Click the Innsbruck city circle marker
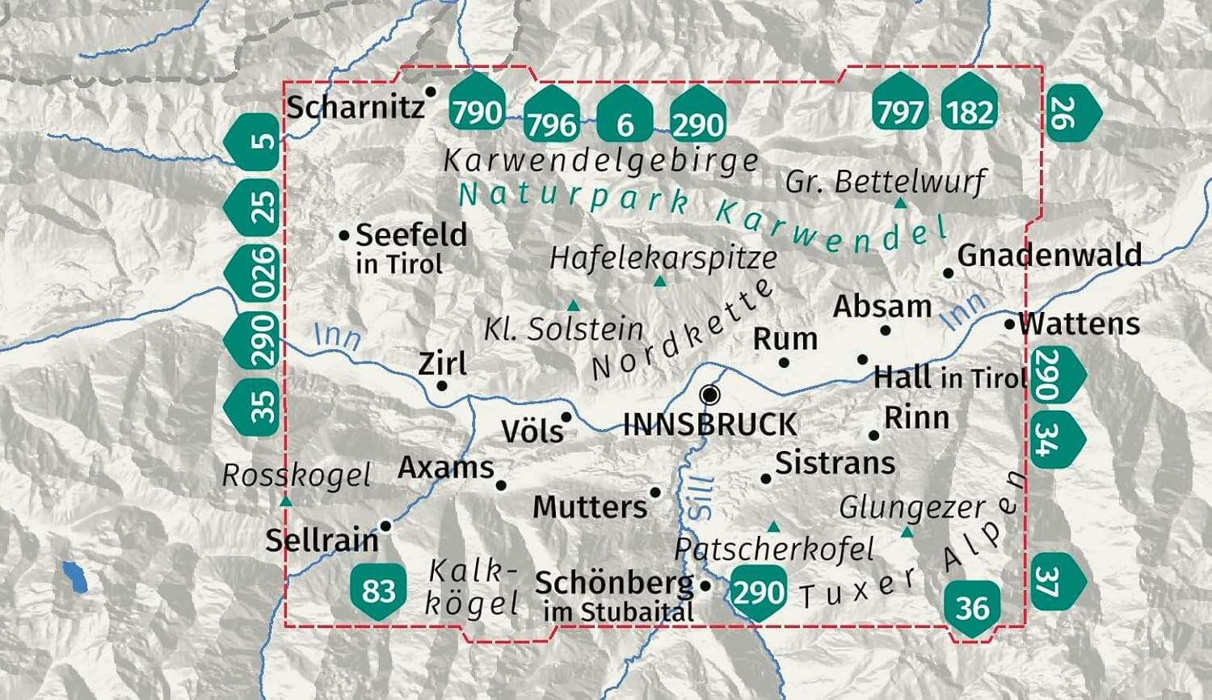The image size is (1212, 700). (x=710, y=394)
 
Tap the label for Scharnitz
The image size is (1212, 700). (x=355, y=107)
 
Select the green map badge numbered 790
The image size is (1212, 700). (x=477, y=110)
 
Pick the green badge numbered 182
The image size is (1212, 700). (x=969, y=110)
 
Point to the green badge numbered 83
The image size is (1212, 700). (x=377, y=591)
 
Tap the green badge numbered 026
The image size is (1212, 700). (x=257, y=273)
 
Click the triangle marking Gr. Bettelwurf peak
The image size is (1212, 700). (x=901, y=202)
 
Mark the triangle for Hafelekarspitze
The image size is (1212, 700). (x=659, y=281)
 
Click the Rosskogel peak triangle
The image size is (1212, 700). (x=285, y=501)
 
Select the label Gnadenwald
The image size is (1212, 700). (x=1049, y=255)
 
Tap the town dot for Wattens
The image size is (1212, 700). (x=1009, y=324)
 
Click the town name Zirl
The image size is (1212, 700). (x=442, y=364)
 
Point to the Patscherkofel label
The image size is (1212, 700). (x=774, y=550)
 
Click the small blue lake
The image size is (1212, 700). (x=75, y=578)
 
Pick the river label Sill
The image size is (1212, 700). (x=701, y=497)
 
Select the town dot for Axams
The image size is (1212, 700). (x=501, y=486)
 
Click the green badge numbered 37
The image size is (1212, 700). (x=1051, y=580)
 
